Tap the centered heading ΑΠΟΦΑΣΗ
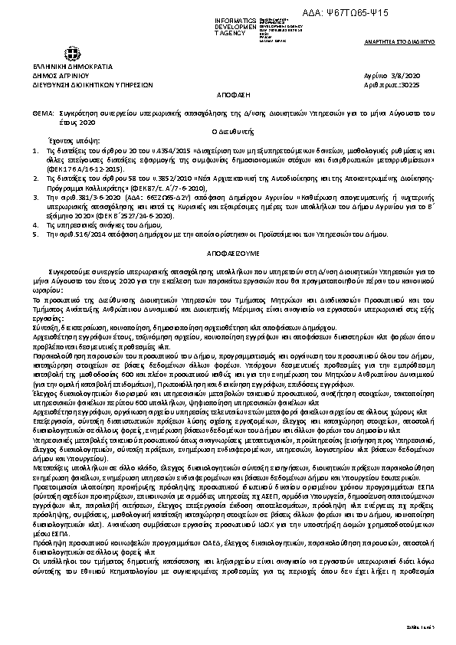tap(227, 98)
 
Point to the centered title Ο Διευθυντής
tap(227, 131)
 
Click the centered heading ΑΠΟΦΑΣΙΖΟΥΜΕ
tap(227, 250)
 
